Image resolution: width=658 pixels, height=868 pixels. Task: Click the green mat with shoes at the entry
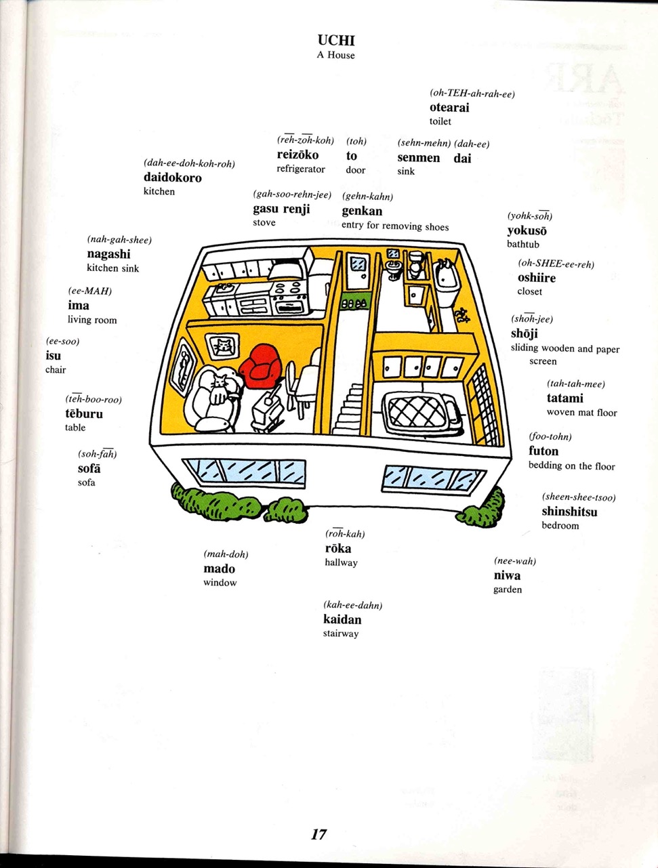(354, 304)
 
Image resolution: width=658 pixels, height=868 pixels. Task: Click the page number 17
(318, 834)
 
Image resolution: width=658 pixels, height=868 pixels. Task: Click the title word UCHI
(336, 41)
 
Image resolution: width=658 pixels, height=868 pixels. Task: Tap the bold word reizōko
(297, 154)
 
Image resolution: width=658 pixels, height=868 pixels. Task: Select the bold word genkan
(362, 211)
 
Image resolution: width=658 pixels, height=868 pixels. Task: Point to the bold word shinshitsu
(569, 512)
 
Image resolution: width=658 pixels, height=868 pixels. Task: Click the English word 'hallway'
(342, 562)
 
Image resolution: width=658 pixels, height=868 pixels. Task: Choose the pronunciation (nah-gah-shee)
(119, 240)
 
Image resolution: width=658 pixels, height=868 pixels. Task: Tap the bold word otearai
(449, 107)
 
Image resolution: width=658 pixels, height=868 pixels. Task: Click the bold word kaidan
(342, 619)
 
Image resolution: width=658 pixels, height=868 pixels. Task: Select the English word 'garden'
(508, 590)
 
